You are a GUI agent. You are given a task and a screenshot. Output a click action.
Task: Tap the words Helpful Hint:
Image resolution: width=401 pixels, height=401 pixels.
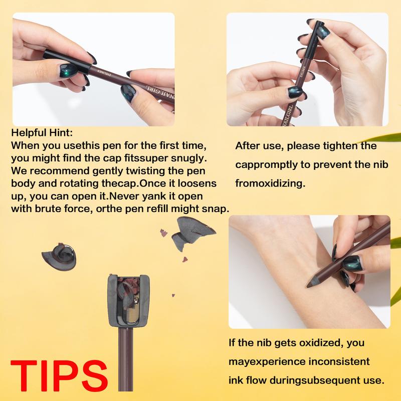(x=42, y=133)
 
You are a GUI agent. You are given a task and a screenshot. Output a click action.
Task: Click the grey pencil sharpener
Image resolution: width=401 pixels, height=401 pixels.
(x=128, y=301)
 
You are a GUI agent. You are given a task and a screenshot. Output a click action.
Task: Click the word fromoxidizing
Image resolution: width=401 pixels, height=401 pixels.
(x=270, y=183)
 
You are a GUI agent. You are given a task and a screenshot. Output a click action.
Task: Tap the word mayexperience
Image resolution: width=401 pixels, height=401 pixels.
(x=267, y=362)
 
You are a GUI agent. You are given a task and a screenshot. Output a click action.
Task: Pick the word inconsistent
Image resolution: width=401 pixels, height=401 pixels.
(x=339, y=361)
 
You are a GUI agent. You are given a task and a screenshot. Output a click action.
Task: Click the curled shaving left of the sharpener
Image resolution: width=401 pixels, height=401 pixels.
(x=59, y=256)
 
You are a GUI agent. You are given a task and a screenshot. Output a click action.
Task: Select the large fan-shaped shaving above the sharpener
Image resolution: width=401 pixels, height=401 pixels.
(x=192, y=232)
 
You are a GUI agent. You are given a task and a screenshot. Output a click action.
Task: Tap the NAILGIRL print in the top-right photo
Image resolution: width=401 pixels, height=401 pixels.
(x=288, y=116)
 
